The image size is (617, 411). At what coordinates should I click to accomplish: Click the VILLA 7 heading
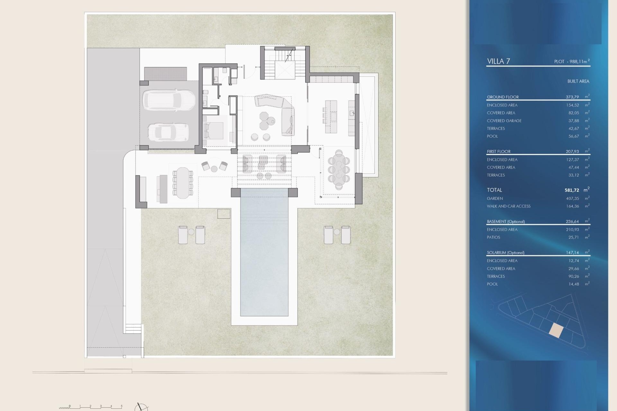(498, 61)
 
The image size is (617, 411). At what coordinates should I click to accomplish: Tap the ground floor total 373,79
(572, 97)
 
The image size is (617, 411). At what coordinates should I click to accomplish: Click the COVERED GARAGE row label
(504, 121)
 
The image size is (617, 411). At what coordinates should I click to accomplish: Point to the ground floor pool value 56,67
(573, 136)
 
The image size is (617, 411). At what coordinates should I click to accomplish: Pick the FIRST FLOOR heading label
(498, 152)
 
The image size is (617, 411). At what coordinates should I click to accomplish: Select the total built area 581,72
(572, 190)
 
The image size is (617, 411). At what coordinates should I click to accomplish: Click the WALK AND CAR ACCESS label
(508, 206)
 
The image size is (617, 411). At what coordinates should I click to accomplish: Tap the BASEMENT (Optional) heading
(505, 222)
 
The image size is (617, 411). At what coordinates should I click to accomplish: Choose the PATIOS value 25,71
(573, 237)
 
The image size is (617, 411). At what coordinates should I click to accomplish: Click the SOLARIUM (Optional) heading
(505, 253)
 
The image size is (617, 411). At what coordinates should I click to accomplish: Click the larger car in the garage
(169, 100)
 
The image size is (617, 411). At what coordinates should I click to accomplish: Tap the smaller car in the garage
(168, 132)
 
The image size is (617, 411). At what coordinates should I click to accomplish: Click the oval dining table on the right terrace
(339, 169)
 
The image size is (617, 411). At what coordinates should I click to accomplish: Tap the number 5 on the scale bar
(121, 406)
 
